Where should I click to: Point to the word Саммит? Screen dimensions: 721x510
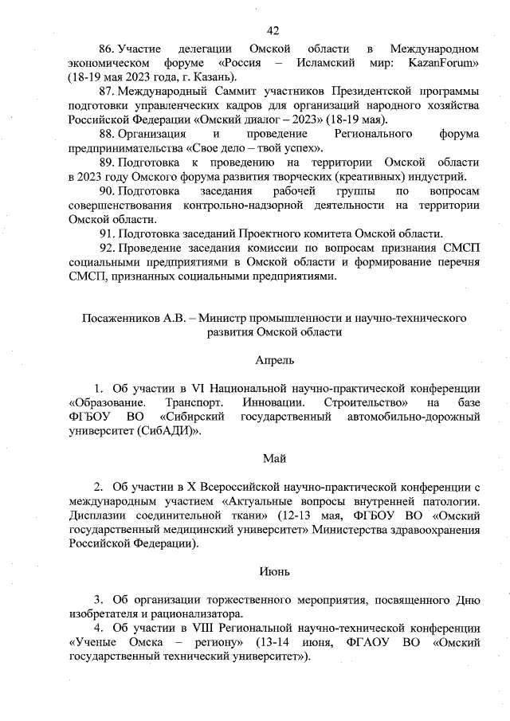click(232, 92)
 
